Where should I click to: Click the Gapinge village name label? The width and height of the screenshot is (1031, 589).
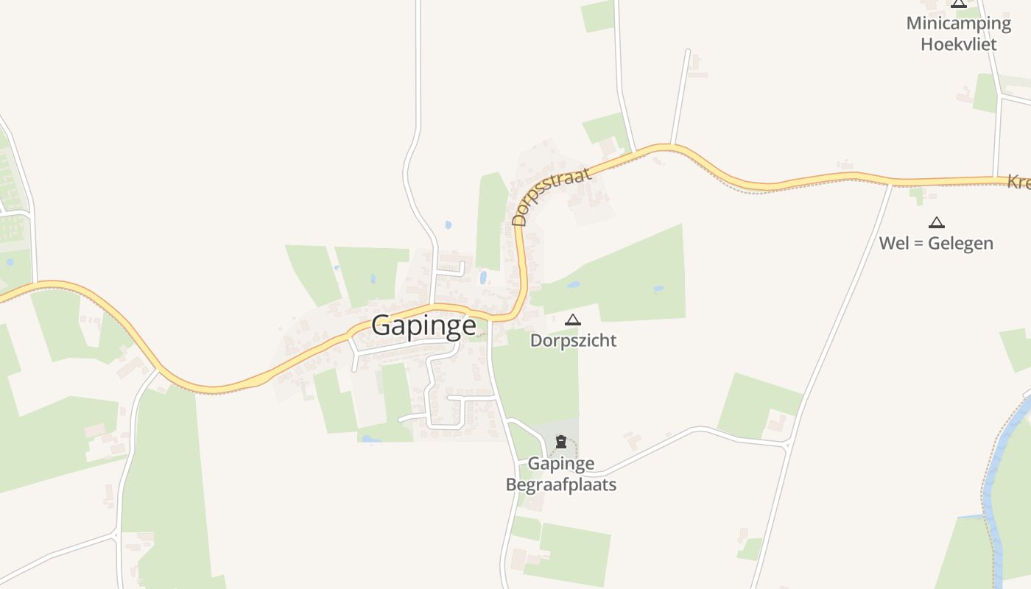pos(423,325)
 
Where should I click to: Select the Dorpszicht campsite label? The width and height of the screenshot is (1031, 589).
pos(573,341)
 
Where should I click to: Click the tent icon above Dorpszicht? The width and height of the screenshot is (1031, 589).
pos(572,320)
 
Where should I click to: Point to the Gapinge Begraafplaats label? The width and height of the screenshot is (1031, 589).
pos(561,474)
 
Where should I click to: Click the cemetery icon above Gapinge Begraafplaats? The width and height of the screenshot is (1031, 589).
pos(561,442)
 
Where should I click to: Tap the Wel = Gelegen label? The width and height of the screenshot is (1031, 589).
pos(936,243)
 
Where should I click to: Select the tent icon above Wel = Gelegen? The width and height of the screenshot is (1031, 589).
pos(936,222)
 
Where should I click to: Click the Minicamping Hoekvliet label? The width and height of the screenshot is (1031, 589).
pos(958,33)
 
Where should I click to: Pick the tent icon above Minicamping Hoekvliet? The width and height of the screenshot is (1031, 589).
pos(958,3)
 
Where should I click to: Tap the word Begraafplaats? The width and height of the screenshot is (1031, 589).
pos(561,484)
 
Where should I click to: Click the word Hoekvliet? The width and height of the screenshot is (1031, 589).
pos(958,44)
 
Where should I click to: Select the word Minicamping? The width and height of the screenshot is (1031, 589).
pos(958,23)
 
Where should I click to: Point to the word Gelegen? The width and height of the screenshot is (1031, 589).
pos(960,243)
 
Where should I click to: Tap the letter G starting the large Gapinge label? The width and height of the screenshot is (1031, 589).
pos(381,325)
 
